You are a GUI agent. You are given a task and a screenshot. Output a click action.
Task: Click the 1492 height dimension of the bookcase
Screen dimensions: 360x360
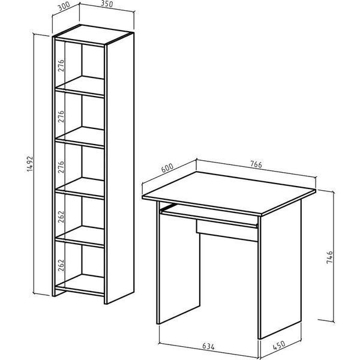(30, 164)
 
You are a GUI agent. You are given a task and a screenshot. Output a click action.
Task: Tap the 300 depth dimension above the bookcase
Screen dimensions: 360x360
(64, 7)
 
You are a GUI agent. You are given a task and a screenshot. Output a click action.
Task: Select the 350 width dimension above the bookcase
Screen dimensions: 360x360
(107, 4)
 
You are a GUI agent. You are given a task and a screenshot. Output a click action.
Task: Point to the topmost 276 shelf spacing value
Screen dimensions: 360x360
(61, 65)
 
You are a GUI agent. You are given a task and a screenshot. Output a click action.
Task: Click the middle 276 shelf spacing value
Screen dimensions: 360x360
(61, 116)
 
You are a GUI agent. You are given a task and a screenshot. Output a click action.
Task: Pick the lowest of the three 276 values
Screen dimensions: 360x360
(61, 167)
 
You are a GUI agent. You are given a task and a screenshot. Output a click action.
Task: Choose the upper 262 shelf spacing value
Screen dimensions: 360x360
(61, 217)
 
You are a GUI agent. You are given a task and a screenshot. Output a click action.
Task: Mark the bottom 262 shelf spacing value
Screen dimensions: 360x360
(61, 265)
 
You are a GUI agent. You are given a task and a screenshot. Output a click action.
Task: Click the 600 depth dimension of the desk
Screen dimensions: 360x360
(167, 168)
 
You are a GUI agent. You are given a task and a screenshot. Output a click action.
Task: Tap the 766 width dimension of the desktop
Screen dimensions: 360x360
(256, 164)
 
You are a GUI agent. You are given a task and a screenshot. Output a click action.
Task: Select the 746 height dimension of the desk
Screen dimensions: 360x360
(329, 257)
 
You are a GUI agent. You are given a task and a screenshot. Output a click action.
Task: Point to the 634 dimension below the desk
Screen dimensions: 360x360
(208, 346)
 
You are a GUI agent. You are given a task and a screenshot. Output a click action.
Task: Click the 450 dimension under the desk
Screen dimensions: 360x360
(279, 346)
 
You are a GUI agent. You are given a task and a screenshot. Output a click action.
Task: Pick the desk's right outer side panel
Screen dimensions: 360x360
(281, 268)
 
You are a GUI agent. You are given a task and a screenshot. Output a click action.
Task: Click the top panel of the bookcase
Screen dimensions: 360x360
(94, 34)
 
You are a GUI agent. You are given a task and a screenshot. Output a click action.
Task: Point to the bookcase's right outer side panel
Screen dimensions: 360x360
(120, 169)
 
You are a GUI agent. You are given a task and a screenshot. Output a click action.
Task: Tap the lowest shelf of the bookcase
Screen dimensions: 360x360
(80, 284)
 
